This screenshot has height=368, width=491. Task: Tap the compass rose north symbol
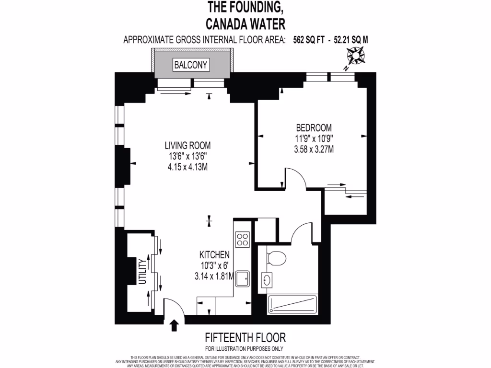[355, 58]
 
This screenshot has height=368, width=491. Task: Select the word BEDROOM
[314, 128]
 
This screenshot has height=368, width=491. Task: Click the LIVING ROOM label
[187, 145]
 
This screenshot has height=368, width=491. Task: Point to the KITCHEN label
[214, 255]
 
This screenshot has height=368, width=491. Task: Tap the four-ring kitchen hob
[243, 238]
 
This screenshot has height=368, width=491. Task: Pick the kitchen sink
[243, 277]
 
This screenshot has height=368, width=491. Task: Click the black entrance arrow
[175, 326]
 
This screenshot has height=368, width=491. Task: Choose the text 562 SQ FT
[309, 40]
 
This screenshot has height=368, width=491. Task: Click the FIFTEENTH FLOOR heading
[245, 338]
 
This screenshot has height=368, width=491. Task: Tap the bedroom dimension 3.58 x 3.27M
[314, 149]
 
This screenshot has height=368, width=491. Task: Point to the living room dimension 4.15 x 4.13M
[187, 167]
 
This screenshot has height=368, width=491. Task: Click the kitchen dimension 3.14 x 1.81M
[214, 276]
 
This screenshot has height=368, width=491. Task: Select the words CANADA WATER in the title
[245, 23]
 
